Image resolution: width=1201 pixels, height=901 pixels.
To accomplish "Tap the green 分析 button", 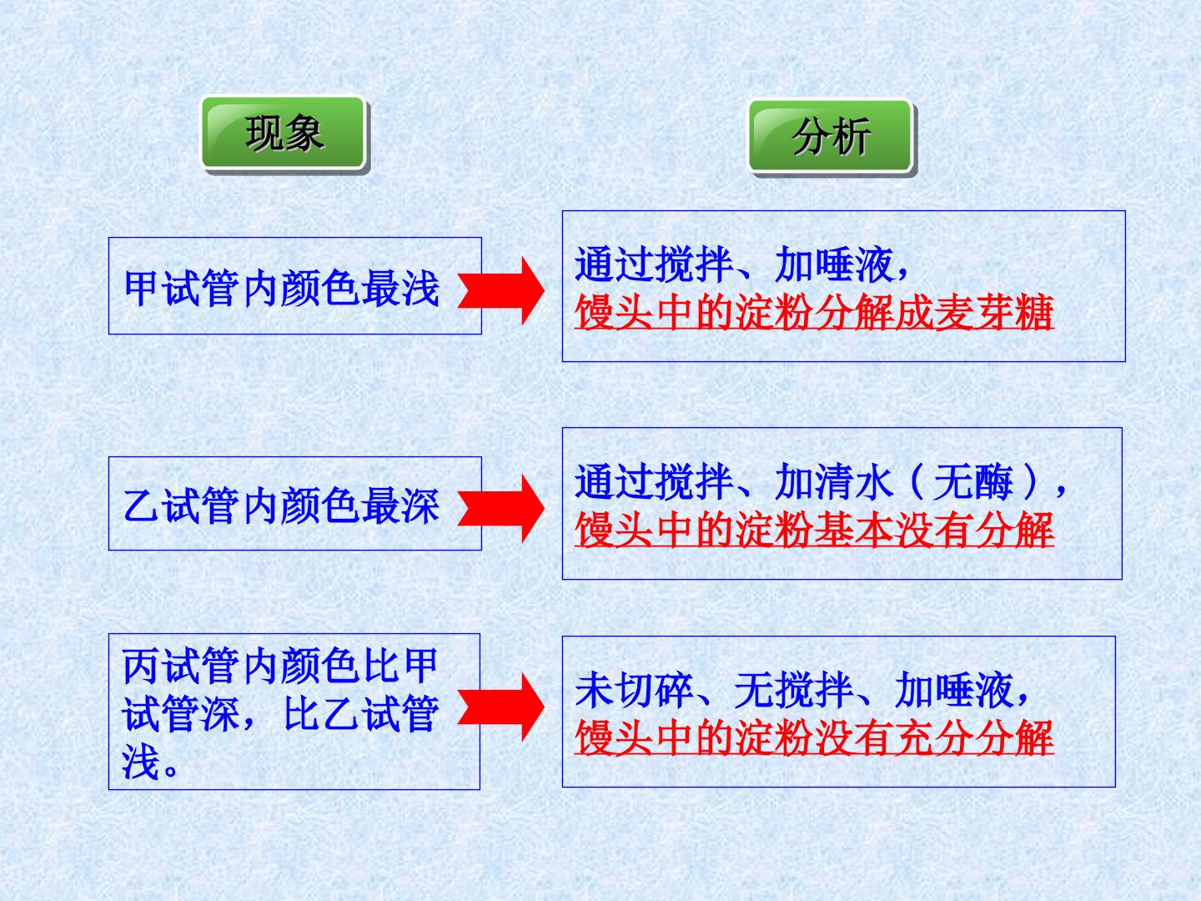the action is point(831,136).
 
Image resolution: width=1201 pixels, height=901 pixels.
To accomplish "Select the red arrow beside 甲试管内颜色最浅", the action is point(501,290).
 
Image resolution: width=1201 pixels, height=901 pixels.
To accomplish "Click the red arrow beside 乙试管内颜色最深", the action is point(501,509).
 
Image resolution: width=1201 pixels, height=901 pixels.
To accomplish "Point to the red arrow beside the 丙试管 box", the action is point(501,707).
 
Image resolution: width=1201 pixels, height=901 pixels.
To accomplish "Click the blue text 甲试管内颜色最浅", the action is point(282,289).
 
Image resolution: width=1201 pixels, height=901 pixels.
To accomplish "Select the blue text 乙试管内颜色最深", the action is point(282,506).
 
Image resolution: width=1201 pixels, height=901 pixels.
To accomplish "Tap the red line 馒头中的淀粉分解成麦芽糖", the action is point(814,312).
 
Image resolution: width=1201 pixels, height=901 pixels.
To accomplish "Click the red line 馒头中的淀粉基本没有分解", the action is point(814,530).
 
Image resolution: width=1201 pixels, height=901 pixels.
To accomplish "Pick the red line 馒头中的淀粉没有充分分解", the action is point(814,738).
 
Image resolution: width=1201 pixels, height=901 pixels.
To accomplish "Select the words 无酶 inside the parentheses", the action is point(973,482).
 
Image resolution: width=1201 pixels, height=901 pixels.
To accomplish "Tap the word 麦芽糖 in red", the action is point(995,312).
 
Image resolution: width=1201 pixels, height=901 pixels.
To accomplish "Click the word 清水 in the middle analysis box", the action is point(854,482).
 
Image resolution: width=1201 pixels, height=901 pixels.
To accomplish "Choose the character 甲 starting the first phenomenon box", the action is point(143,289).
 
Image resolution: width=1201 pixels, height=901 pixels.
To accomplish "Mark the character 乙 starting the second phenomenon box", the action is point(143,506).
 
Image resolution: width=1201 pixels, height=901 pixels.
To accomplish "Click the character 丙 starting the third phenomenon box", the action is point(143,666).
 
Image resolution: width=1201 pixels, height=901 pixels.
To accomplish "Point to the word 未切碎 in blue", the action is point(634,691).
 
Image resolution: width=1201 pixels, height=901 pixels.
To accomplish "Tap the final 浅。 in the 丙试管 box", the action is point(150,761).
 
